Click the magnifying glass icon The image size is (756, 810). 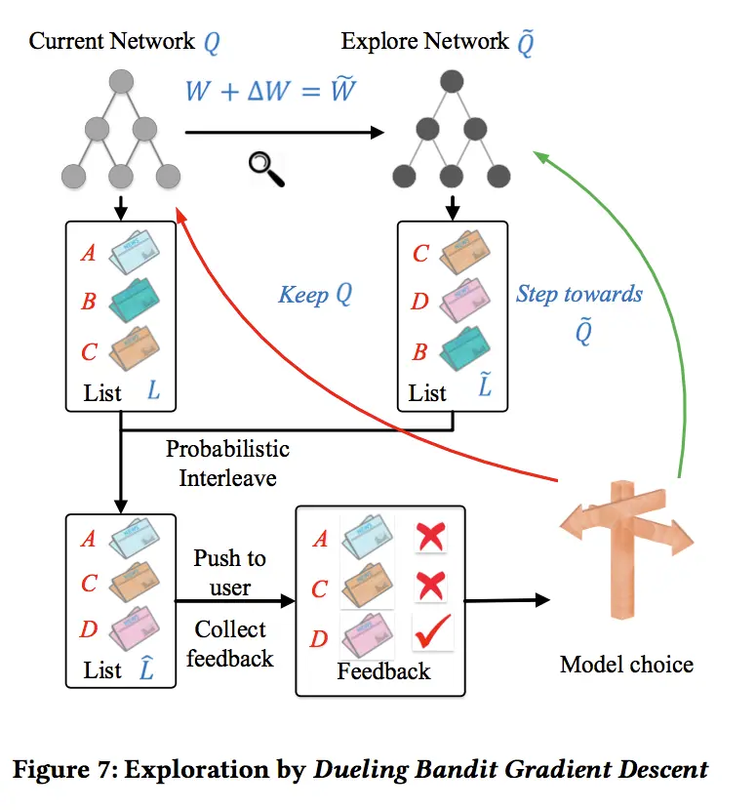265,168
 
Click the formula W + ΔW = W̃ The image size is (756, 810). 270,91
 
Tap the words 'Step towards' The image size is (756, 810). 579,294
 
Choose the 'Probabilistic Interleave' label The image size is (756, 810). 227,464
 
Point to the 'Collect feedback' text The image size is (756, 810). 229,644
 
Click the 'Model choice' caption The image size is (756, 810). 626,665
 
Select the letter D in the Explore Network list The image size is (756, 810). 420,302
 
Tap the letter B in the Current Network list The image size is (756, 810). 89,302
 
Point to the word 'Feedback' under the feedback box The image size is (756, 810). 383,671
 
